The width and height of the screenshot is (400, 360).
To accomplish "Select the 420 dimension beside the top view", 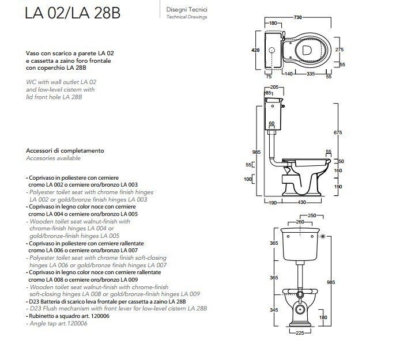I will [247, 50].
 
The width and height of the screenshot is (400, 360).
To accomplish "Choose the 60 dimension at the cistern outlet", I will [271, 123].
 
